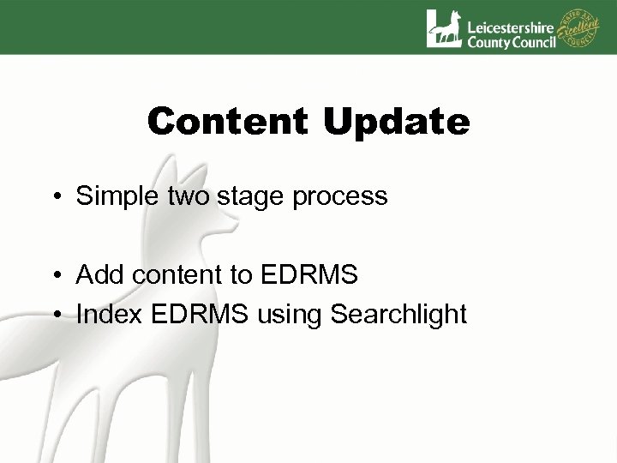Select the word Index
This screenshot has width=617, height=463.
(105, 315)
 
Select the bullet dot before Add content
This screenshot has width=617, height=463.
(54, 276)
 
